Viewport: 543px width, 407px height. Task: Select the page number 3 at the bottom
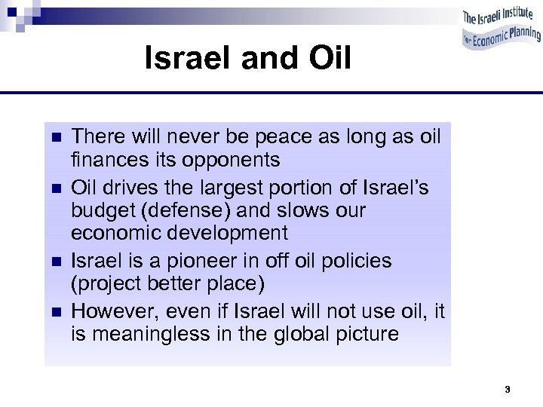click(508, 390)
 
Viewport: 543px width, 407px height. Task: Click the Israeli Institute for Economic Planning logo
click(500, 29)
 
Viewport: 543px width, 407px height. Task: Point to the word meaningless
click(155, 334)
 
